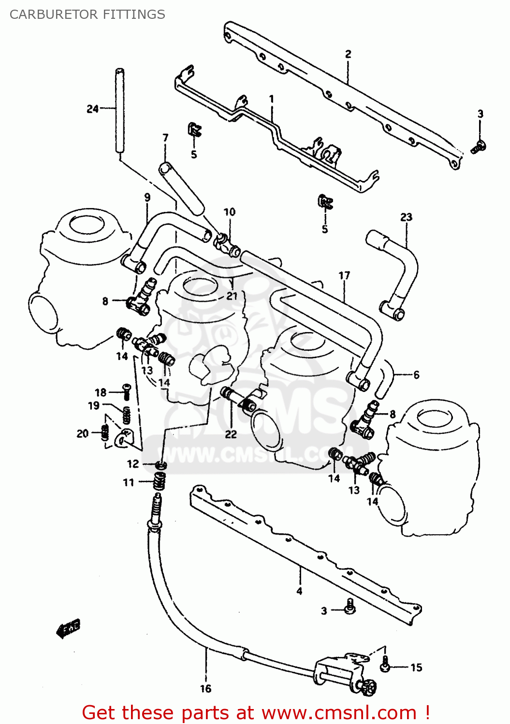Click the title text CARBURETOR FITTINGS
tap(87, 14)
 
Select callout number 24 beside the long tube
tap(92, 109)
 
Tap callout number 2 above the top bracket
tap(348, 54)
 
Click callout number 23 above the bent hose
tap(406, 217)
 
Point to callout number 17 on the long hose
tap(344, 276)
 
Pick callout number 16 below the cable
tap(205, 689)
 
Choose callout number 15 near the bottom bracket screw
tap(416, 668)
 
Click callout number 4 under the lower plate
tap(299, 591)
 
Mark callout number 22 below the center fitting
tap(231, 434)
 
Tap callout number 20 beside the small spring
tap(83, 433)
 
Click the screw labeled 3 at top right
tap(479, 147)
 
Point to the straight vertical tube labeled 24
tap(119, 111)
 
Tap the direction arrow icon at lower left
tap(68, 629)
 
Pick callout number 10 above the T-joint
tap(229, 212)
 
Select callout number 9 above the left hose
tap(147, 197)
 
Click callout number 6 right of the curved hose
tap(416, 375)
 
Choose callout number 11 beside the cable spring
tap(128, 482)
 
